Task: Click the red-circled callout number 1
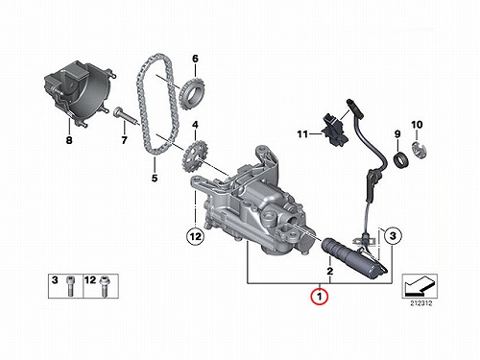click(320, 297)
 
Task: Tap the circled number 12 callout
click(196, 236)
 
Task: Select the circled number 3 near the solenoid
click(393, 236)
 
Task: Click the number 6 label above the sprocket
click(195, 59)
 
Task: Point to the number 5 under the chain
click(155, 178)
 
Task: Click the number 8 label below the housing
click(69, 140)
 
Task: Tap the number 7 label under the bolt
click(124, 140)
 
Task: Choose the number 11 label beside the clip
click(302, 134)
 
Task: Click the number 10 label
click(417, 125)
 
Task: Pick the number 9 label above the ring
click(397, 133)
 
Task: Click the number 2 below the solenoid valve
click(329, 271)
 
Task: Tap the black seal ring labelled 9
click(401, 160)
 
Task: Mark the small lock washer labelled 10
click(419, 150)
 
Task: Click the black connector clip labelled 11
click(335, 131)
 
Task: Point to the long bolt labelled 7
click(126, 116)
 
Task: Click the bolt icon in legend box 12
click(104, 286)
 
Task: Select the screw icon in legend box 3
click(70, 286)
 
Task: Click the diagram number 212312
click(420, 303)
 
